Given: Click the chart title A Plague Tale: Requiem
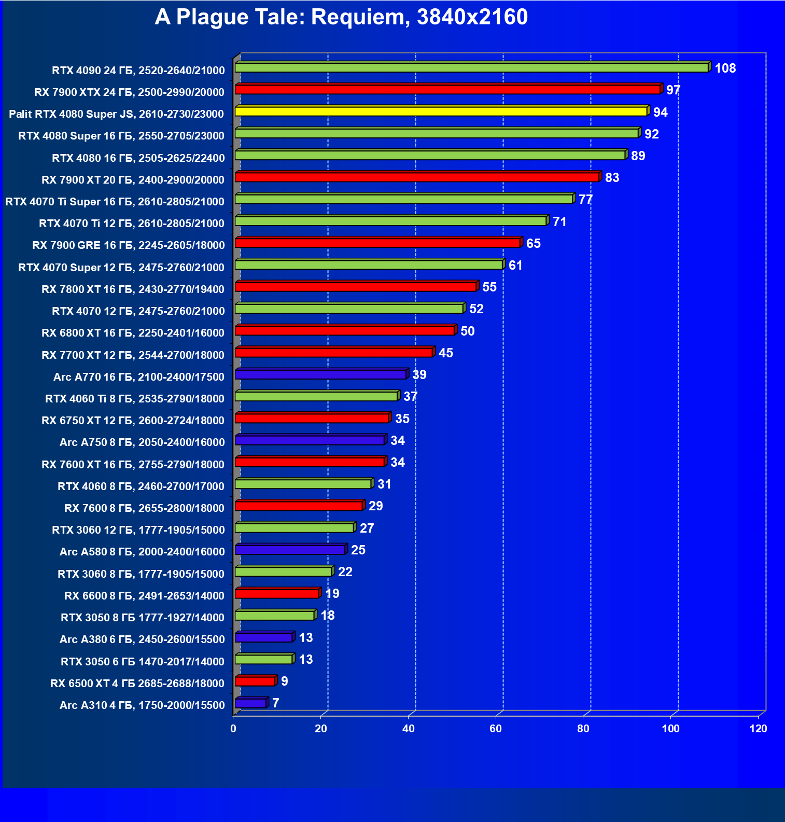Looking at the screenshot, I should click(341, 17).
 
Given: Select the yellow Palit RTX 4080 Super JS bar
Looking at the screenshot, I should click(441, 112).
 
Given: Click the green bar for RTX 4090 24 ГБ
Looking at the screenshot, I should click(471, 68).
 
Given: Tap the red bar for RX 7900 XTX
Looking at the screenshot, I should click(447, 90).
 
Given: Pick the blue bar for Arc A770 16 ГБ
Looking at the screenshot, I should click(320, 374).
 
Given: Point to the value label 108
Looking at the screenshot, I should click(725, 68).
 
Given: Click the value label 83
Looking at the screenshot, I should click(612, 178).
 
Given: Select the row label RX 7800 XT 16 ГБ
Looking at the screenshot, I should click(133, 289).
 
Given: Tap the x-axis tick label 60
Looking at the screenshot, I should click(496, 729).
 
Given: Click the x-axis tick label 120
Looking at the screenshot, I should click(758, 729).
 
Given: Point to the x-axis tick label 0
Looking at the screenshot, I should click(233, 729).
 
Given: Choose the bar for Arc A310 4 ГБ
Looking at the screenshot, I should click(250, 703).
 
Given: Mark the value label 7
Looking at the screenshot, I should click(276, 703).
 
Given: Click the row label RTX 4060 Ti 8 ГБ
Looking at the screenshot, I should click(135, 399).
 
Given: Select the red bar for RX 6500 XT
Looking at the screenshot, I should click(255, 681).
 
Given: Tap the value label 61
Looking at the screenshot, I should click(515, 266).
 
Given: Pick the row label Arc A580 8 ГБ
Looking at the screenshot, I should click(142, 552).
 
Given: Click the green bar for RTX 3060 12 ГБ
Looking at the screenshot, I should click(295, 528).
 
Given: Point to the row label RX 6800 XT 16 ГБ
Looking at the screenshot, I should click(133, 333).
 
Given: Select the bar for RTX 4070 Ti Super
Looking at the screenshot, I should click(404, 199).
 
